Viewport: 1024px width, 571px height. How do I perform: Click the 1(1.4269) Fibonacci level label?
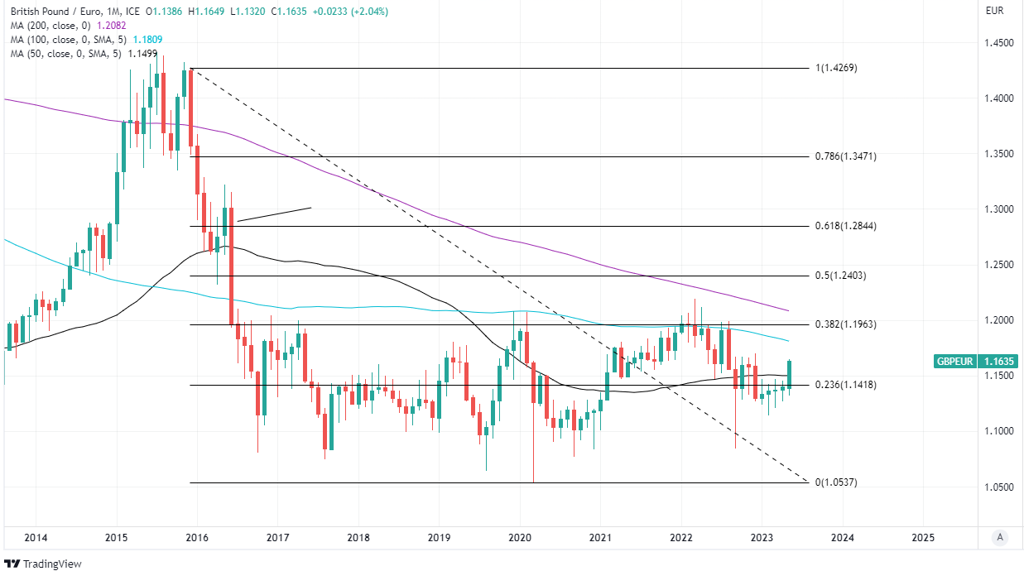click(x=836, y=68)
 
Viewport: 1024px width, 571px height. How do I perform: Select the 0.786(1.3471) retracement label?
click(x=844, y=156)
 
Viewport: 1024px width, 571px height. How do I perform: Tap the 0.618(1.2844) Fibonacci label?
click(x=844, y=226)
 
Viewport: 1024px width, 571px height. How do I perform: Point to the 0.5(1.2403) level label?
click(x=840, y=276)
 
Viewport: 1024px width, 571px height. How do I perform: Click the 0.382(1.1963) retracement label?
click(x=844, y=324)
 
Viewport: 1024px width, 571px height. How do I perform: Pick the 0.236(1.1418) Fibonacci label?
click(x=844, y=385)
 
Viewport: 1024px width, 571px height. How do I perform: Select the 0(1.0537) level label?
click(x=836, y=482)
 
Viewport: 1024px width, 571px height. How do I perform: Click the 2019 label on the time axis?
click(x=439, y=537)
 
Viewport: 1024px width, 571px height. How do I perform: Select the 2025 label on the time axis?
click(x=922, y=537)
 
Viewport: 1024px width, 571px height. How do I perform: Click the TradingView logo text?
click(x=51, y=564)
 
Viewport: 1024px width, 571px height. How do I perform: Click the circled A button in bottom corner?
click(x=1000, y=537)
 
